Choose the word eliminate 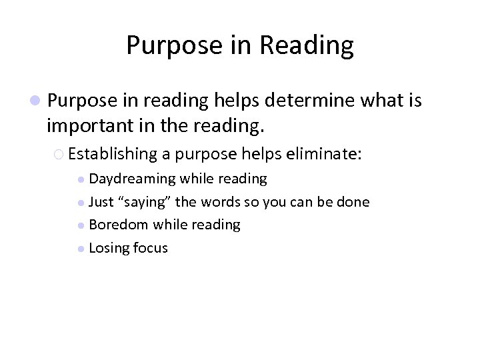pyautogui.click(x=323, y=154)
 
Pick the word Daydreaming pyautogui.click(x=132, y=179)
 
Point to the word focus pyautogui.click(x=151, y=248)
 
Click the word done pyautogui.click(x=353, y=202)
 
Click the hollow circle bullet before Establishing pyautogui.click(x=59, y=155)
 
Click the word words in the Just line pyautogui.click(x=218, y=202)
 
